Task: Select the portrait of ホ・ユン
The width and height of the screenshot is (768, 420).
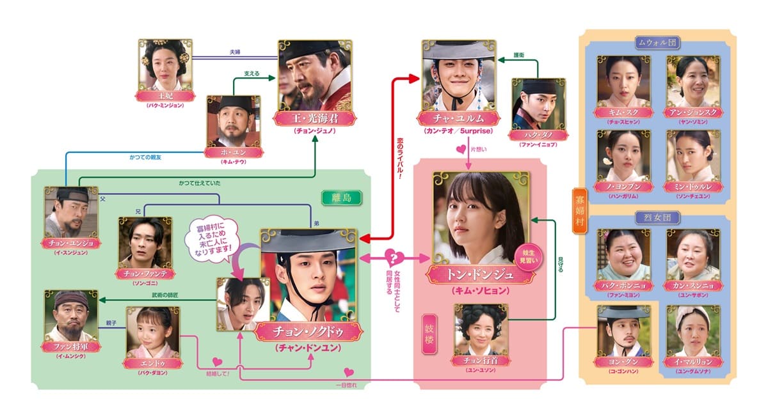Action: point(234,121)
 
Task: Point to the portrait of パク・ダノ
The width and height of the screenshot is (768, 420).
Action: point(538,103)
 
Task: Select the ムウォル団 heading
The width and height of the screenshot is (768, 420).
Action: point(657,43)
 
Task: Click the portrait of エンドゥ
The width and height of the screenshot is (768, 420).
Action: point(153,332)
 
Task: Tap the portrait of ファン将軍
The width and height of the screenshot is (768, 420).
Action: point(72,316)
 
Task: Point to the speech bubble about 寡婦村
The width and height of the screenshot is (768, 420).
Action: point(211,239)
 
